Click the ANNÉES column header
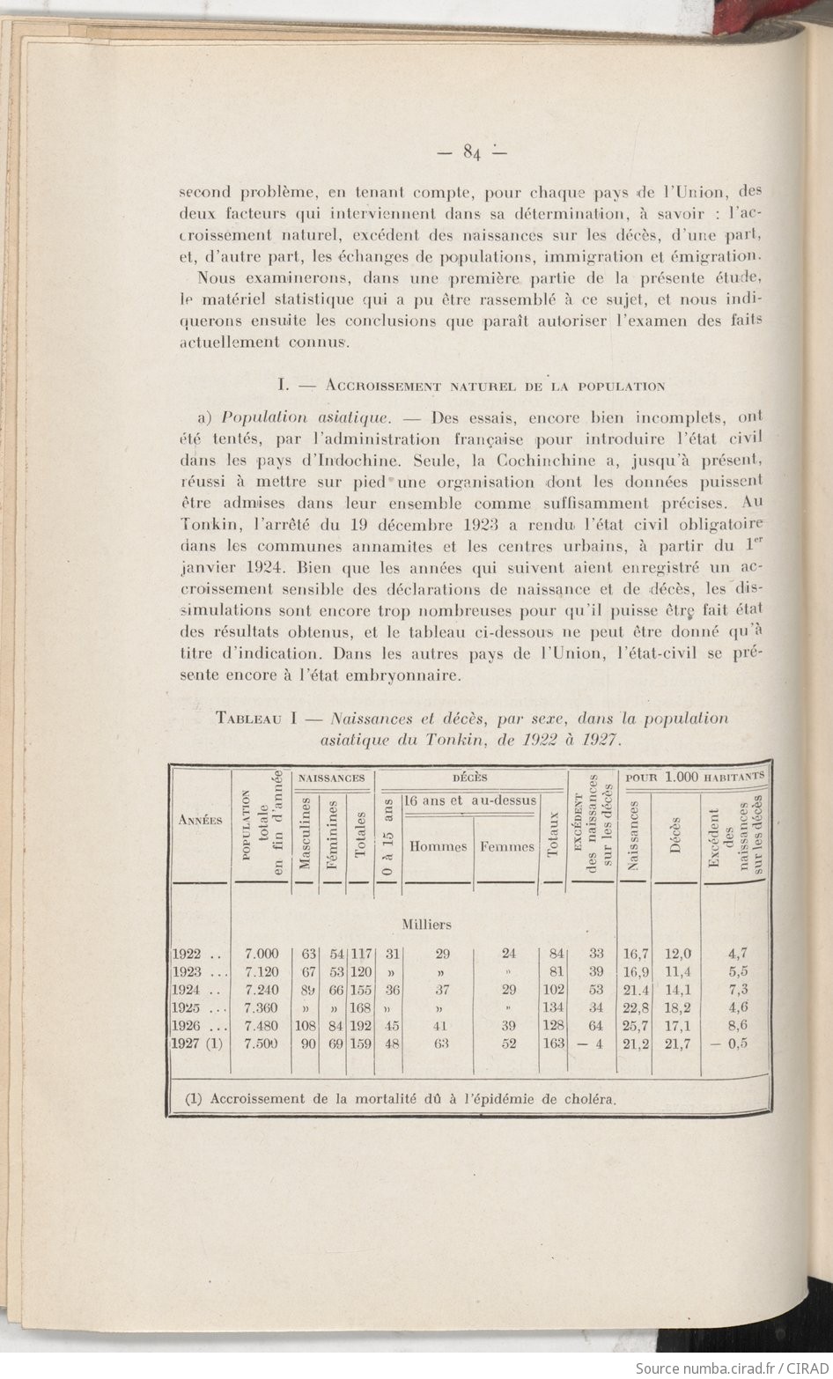point(200,819)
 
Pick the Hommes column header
point(438,847)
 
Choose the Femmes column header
point(507,847)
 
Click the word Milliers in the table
point(427,925)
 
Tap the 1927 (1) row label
point(198,1044)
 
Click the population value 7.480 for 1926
point(262,1026)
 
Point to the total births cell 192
point(362,1026)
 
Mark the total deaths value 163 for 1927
point(551,1044)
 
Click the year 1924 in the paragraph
point(244,568)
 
